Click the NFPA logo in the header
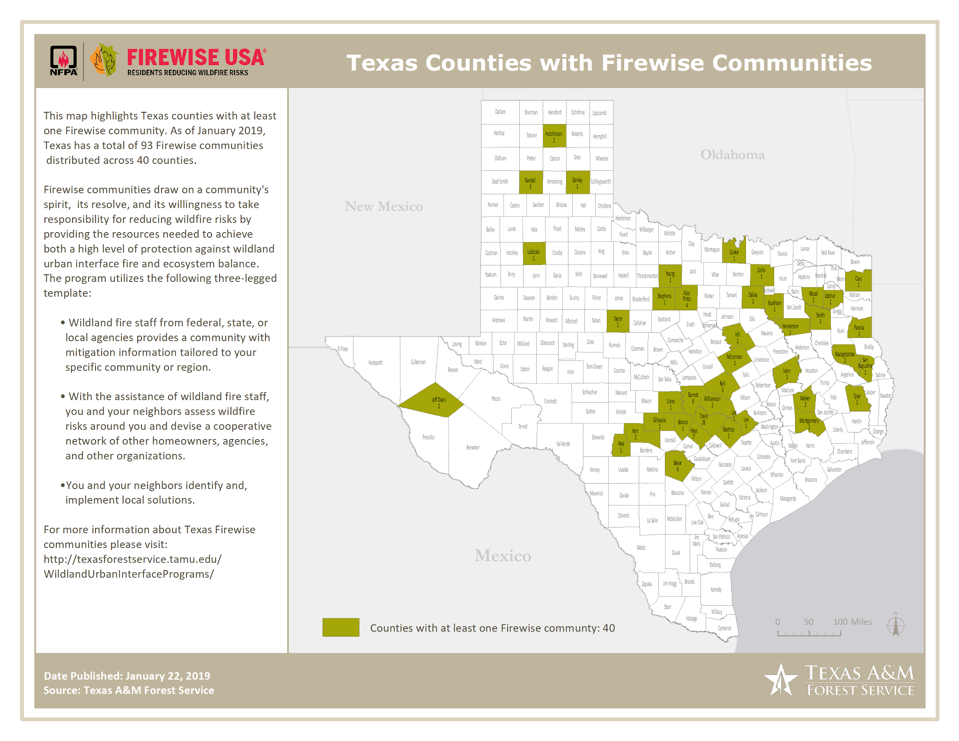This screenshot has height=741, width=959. click(x=64, y=61)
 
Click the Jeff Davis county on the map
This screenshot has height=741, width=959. click(x=433, y=401)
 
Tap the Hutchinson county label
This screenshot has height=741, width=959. click(x=554, y=134)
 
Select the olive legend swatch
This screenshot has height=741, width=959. click(x=341, y=627)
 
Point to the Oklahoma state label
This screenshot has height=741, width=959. click(x=732, y=155)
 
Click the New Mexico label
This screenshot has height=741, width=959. click(x=384, y=206)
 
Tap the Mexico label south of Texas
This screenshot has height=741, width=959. click(x=502, y=556)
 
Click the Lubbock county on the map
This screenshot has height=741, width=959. click(x=534, y=254)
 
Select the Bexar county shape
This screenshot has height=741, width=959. click(x=677, y=465)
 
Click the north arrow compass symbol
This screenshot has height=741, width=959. click(x=895, y=625)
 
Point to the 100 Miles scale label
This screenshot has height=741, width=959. click(x=852, y=622)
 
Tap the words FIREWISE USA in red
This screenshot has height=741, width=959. click(x=196, y=58)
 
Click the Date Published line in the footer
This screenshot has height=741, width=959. click(x=127, y=675)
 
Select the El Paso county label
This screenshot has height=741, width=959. click(x=343, y=349)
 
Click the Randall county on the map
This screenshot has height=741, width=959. click(x=531, y=183)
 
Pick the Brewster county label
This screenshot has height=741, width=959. click(x=473, y=448)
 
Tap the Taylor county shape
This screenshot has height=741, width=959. click(x=618, y=321)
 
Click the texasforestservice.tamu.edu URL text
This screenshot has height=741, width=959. click(x=133, y=559)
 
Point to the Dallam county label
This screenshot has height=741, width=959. click(x=500, y=112)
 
